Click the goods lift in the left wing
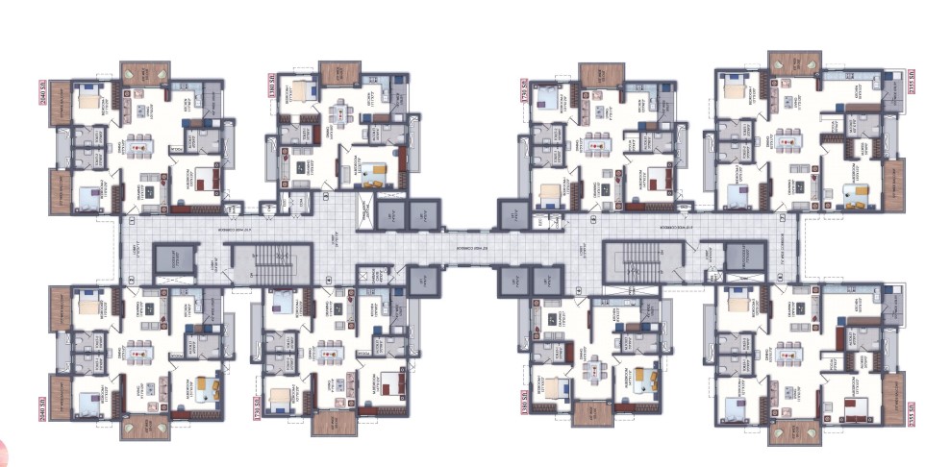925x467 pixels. click(x=174, y=259)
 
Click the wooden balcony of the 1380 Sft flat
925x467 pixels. click(x=338, y=73)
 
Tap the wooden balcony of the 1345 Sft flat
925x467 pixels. click(x=590, y=414)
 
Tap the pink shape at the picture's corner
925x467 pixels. click(x=4, y=453)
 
